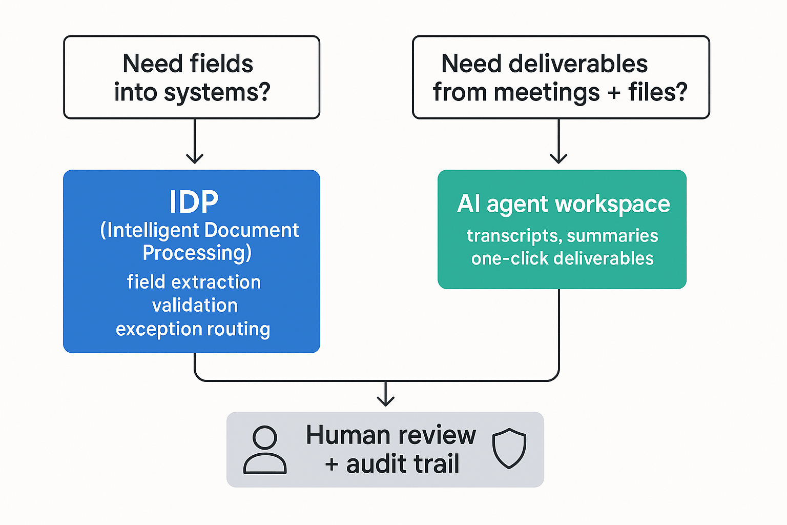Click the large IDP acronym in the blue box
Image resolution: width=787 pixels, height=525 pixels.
tap(194, 202)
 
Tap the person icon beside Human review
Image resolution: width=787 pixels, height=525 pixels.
tap(265, 450)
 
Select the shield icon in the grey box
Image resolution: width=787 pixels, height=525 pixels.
tap(509, 449)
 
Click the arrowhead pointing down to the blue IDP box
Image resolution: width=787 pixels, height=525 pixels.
tap(195, 158)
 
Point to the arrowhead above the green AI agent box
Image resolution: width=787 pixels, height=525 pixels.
tap(558, 158)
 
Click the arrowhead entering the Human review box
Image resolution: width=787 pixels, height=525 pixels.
tap(385, 401)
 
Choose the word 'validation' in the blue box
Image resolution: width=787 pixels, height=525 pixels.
tap(195, 306)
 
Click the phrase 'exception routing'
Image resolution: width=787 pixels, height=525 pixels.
tap(193, 329)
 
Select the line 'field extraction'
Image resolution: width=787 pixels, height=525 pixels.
tap(194, 282)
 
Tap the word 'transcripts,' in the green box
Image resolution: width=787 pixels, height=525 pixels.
tap(514, 236)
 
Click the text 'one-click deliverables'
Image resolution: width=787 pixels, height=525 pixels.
tap(562, 258)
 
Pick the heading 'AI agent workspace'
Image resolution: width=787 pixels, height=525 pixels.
tap(563, 204)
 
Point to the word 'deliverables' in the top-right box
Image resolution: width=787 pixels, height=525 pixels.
tap(578, 64)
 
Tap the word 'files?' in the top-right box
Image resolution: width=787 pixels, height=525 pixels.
tap(657, 92)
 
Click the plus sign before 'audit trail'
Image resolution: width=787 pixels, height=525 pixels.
tap(332, 465)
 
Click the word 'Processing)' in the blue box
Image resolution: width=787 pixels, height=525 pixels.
tap(197, 253)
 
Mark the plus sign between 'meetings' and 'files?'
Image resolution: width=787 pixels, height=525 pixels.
tap(614, 93)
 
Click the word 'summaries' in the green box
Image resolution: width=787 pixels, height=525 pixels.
tap(612, 236)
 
